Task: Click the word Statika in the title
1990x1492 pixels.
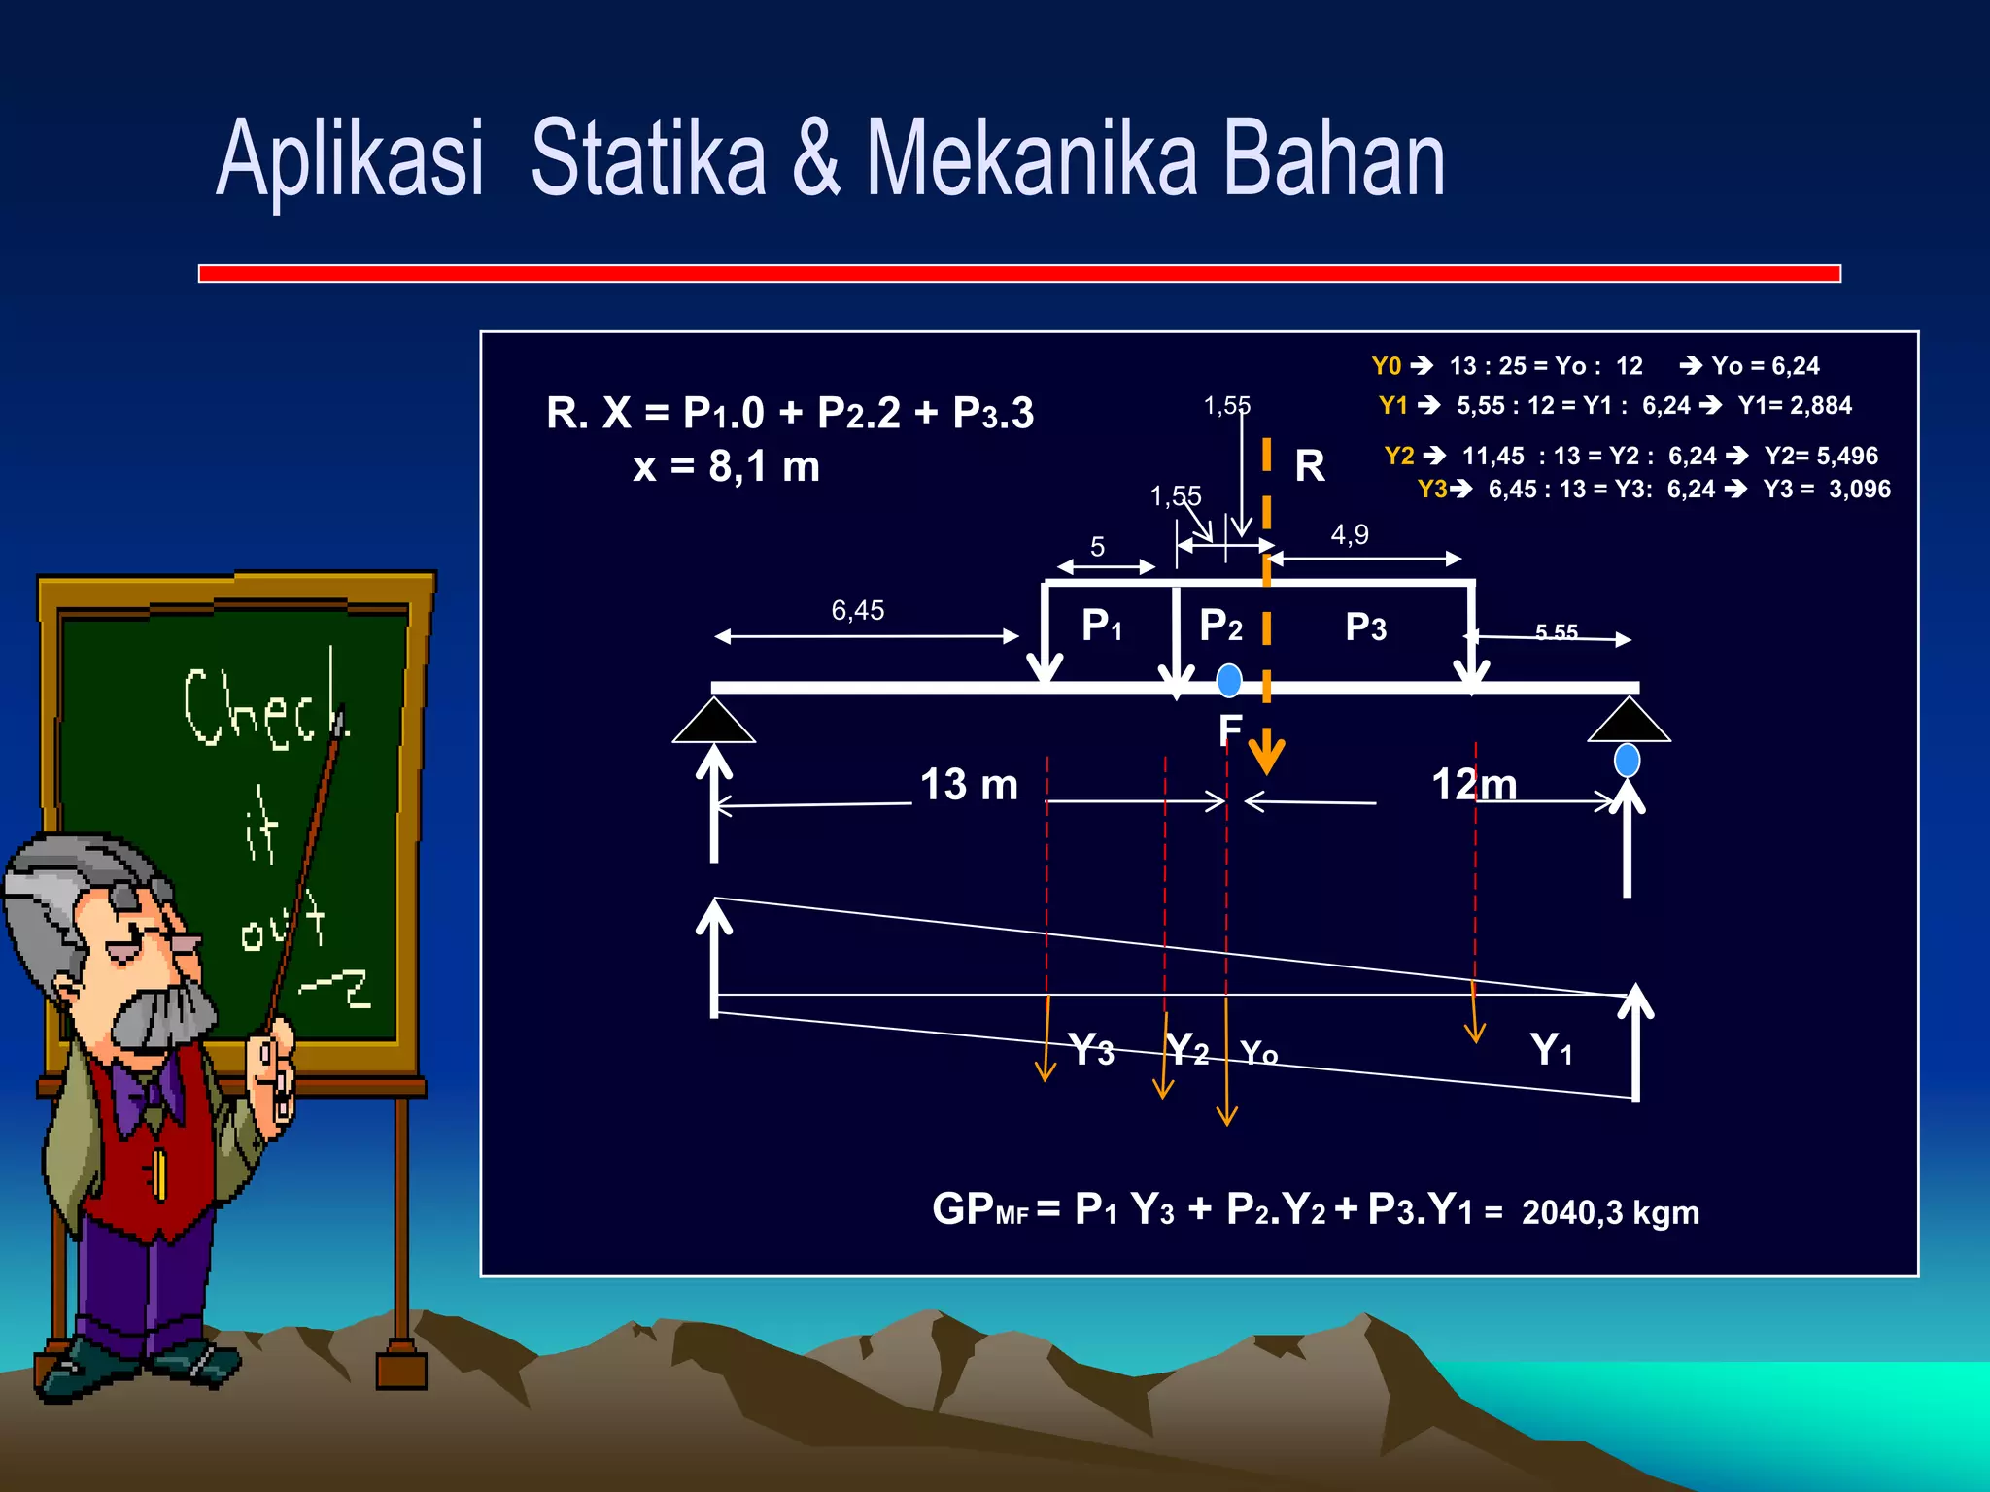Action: [648, 158]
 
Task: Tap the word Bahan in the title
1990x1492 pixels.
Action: [1333, 158]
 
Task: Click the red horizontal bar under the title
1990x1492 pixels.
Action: [1019, 274]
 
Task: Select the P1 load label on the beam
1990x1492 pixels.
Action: [1102, 626]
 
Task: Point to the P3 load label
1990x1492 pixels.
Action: [1365, 627]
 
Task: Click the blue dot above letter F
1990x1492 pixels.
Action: [1229, 680]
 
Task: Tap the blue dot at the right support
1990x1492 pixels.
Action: [1627, 760]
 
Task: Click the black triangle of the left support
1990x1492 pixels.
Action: [714, 723]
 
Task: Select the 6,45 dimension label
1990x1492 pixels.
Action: [858, 610]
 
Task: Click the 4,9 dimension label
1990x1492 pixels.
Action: [1350, 534]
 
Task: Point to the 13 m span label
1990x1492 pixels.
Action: [969, 785]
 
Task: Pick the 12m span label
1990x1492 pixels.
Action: [1474, 785]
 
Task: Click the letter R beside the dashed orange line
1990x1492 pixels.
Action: [1310, 466]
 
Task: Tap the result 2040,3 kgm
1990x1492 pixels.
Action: [1610, 1212]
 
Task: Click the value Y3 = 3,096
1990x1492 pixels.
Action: [1827, 489]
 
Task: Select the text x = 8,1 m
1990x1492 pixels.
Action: [726, 467]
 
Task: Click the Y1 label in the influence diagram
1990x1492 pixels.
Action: [1551, 1050]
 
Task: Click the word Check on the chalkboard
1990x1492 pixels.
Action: [264, 707]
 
